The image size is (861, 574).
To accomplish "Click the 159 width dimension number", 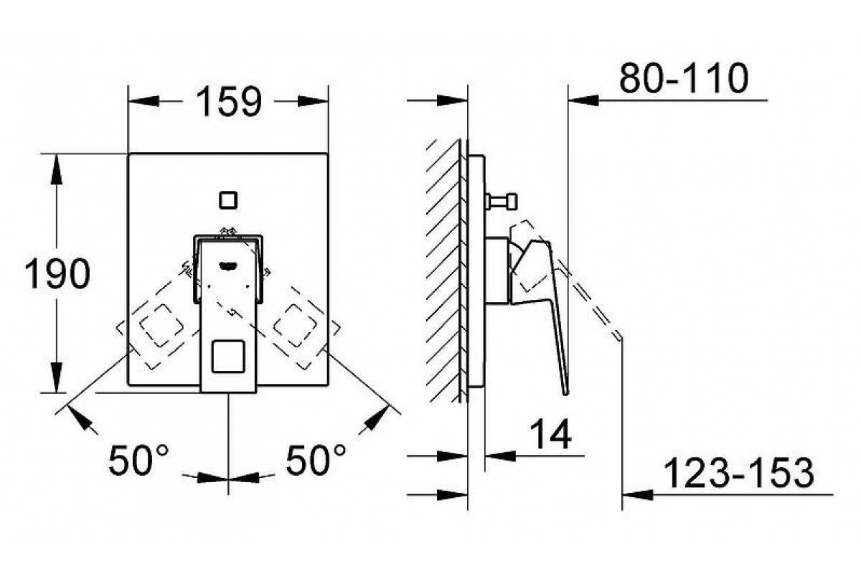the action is [229, 101].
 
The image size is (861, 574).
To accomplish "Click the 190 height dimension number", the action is [57, 274].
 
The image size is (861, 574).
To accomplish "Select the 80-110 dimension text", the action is [684, 78].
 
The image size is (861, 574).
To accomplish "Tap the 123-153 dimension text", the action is [738, 474].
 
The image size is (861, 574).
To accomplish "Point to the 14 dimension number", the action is [551, 434].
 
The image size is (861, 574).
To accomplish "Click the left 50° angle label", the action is [138, 460].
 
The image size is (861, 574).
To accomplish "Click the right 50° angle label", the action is [316, 460].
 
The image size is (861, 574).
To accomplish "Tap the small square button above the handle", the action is [228, 200].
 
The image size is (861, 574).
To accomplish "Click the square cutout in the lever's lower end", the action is [228, 357].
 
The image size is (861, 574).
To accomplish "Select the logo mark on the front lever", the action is [229, 265].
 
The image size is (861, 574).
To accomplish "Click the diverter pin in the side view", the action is [502, 202].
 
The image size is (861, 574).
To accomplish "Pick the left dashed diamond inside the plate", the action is [161, 325].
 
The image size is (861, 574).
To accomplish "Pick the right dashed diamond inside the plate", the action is [296, 325].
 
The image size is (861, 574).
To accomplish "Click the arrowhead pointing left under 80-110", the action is [583, 100].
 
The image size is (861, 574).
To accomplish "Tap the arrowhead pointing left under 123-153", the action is [637, 495].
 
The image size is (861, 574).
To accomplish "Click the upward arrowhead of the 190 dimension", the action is [57, 169].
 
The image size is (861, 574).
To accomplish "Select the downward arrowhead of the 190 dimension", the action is [57, 377].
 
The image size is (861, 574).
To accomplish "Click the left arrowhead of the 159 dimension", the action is [143, 101].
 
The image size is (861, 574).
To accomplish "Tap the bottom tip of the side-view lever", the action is [566, 394].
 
